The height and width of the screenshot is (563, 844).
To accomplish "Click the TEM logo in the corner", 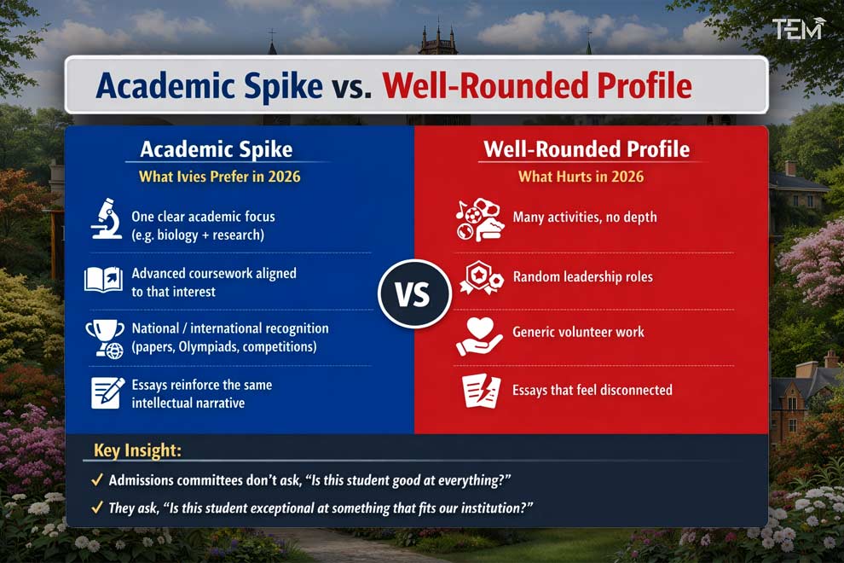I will pyautogui.click(x=798, y=29).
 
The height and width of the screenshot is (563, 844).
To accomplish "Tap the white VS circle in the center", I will pyautogui.click(x=413, y=293).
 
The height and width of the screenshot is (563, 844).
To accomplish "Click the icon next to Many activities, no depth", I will pyautogui.click(x=479, y=219).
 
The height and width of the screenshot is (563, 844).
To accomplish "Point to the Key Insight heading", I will pyautogui.click(x=137, y=451).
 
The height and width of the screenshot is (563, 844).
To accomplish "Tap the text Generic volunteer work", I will pyautogui.click(x=578, y=332).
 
